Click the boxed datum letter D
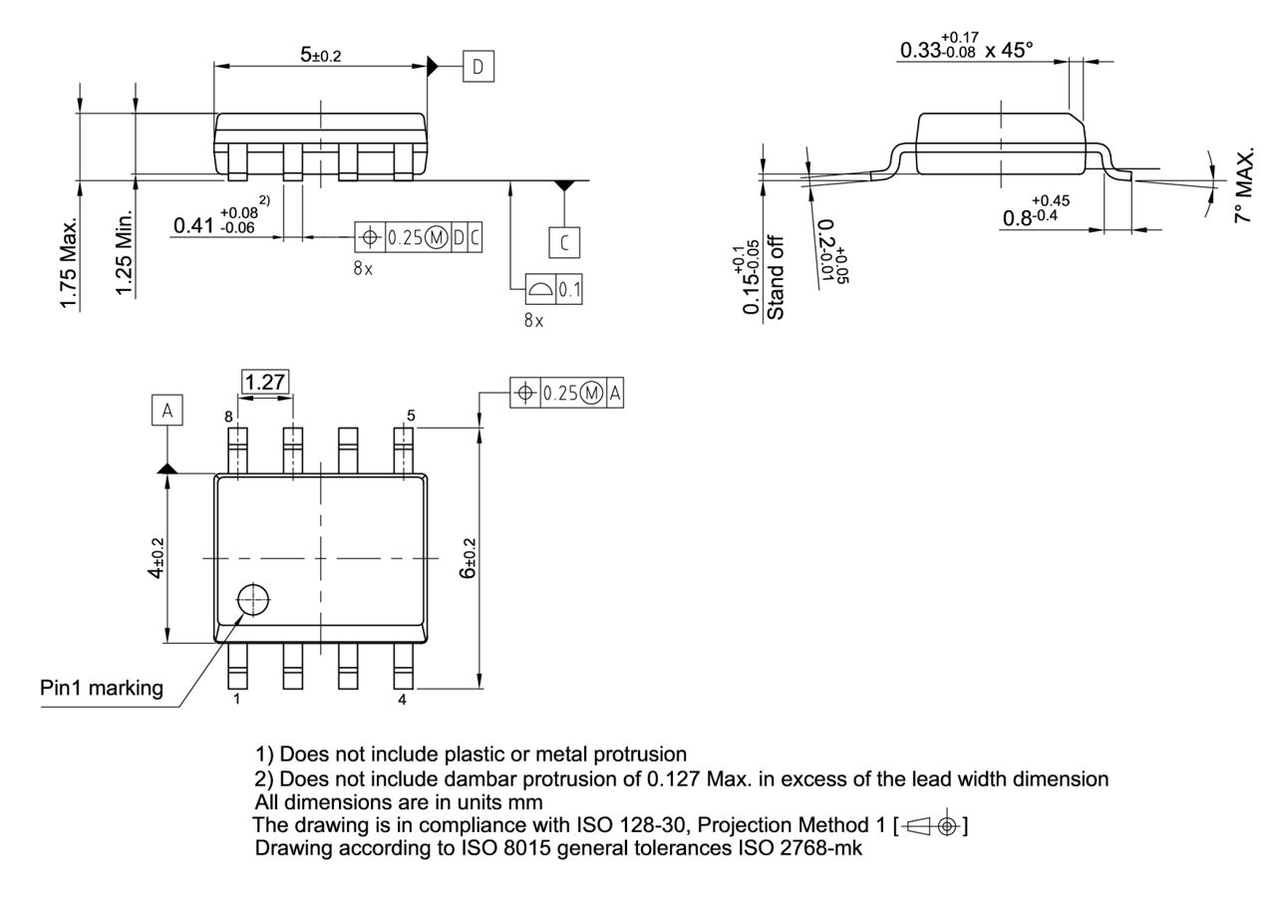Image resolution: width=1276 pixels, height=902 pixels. click(x=478, y=67)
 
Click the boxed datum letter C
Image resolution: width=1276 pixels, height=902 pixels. click(x=565, y=240)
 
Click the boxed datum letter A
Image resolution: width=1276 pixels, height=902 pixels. click(x=167, y=411)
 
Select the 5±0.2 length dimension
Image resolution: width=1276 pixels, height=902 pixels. click(x=320, y=55)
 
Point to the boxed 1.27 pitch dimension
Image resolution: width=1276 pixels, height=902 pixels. click(x=265, y=381)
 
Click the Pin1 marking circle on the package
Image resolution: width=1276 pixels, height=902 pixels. click(x=253, y=601)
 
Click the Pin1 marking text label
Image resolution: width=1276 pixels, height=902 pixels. click(x=102, y=689)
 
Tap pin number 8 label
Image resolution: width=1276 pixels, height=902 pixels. click(x=228, y=417)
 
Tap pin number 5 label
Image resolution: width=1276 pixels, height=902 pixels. click(x=410, y=415)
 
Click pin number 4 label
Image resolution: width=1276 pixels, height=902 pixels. click(x=403, y=700)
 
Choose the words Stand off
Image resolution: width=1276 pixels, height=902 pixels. click(x=777, y=278)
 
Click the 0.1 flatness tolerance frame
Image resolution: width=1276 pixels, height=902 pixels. click(x=553, y=290)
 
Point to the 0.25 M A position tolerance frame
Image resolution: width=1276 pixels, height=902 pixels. click(x=567, y=393)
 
